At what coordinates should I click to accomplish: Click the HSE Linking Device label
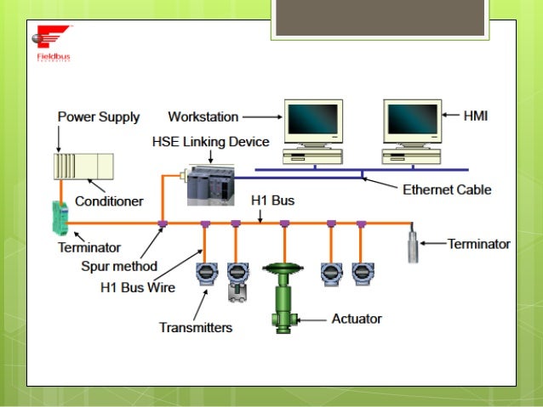click(210, 141)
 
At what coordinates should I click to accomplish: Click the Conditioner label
click(109, 201)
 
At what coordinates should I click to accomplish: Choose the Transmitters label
click(196, 327)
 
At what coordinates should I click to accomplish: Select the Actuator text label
click(357, 319)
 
